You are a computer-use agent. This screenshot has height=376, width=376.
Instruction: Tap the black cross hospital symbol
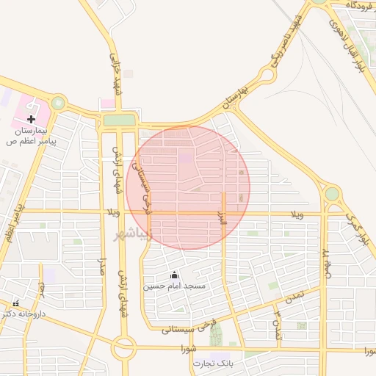(x=31, y=118)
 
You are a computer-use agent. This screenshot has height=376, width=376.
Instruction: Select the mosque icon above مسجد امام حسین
(x=173, y=275)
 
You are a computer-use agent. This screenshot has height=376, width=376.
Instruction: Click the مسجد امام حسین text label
(x=174, y=285)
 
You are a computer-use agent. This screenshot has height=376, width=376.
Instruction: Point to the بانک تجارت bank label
(x=213, y=364)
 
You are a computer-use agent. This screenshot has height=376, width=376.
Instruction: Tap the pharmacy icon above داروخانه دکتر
(x=15, y=303)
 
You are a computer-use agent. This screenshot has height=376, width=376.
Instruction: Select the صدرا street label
(x=104, y=268)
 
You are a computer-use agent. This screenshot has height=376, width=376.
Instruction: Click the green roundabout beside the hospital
(x=58, y=104)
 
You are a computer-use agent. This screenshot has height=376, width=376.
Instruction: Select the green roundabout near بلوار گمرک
(x=332, y=194)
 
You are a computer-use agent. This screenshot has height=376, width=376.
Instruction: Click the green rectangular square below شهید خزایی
(x=119, y=120)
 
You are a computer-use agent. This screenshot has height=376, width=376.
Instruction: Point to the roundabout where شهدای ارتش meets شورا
(x=123, y=347)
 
